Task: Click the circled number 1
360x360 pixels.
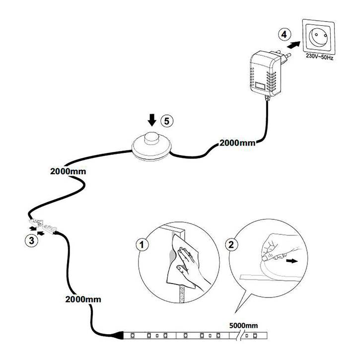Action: point(143,244)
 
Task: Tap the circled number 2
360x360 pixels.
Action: point(230,244)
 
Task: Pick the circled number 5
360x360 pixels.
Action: point(169,120)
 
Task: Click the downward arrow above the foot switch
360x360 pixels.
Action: point(152,119)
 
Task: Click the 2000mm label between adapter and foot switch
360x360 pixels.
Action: point(237,143)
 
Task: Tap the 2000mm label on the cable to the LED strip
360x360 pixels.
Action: point(82,299)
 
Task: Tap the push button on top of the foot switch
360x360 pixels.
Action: point(151,136)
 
